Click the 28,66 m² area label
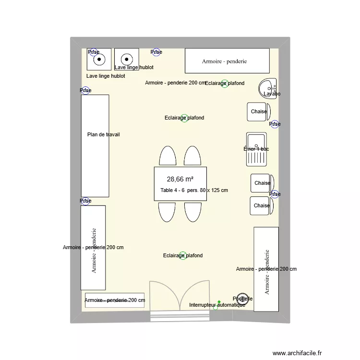(180, 179)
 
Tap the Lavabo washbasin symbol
(268, 88)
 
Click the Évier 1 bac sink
(256, 149)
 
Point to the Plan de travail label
(103, 134)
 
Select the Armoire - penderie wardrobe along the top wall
(227, 61)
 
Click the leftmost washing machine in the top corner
(99, 60)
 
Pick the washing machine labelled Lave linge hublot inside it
(127, 60)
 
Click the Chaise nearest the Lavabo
(259, 112)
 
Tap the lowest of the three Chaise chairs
(262, 205)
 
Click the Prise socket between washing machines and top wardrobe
(156, 52)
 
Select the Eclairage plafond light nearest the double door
(183, 255)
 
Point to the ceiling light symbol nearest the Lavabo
(224, 84)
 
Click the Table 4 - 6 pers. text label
(194, 191)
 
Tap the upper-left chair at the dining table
(167, 156)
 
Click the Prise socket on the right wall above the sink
(275, 124)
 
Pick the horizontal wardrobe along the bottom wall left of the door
(115, 300)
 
